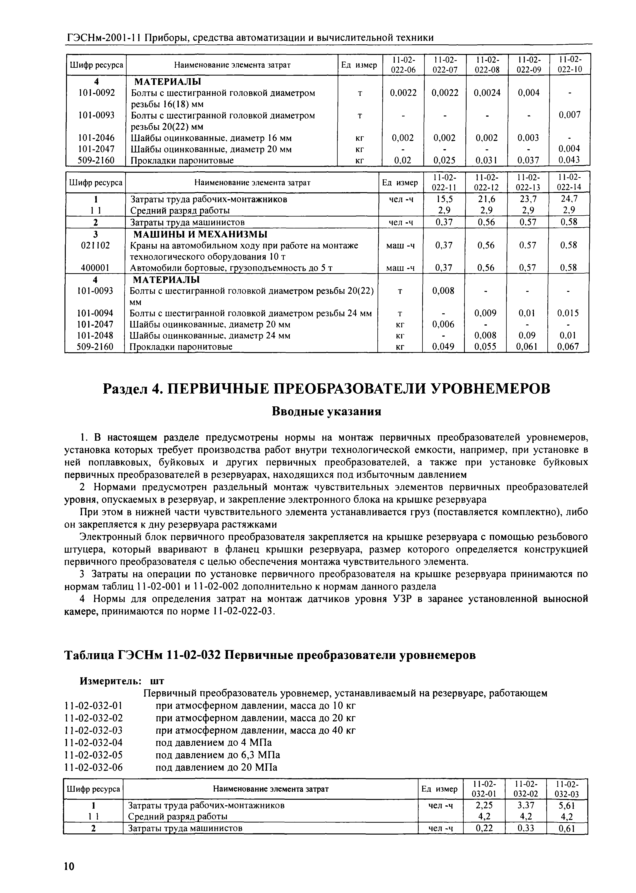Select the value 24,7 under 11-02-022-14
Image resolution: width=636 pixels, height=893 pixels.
click(569, 199)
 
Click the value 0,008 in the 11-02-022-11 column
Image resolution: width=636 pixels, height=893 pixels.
click(443, 291)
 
